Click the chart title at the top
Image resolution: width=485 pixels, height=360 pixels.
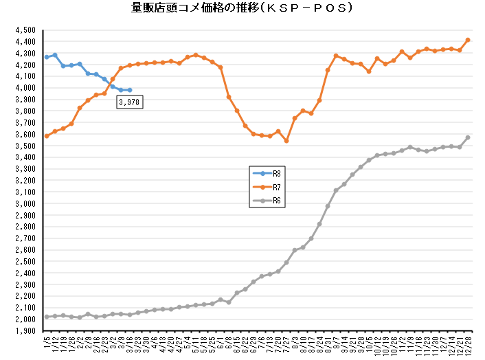[242, 9]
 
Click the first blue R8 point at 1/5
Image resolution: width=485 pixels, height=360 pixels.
[47, 56]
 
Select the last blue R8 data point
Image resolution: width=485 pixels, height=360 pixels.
[130, 90]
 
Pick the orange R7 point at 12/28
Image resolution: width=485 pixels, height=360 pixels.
[468, 40]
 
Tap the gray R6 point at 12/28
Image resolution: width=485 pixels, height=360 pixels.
[468, 137]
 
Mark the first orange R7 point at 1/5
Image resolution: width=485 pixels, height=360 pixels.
[47, 136]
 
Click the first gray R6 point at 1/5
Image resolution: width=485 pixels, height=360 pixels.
[47, 316]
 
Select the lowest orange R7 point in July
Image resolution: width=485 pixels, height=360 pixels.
[286, 141]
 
